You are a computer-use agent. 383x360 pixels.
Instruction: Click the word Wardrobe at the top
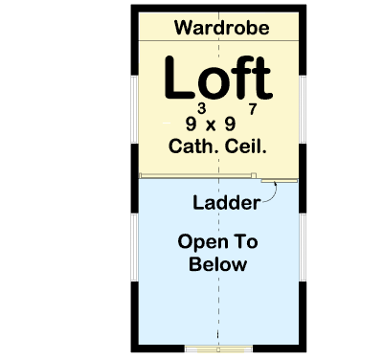click(x=221, y=28)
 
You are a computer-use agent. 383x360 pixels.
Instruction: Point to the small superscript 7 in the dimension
click(x=252, y=109)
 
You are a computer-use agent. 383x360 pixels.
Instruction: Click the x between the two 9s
click(x=218, y=124)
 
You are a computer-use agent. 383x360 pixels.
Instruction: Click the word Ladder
click(x=226, y=203)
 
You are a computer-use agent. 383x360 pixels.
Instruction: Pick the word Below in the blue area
click(x=218, y=264)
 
